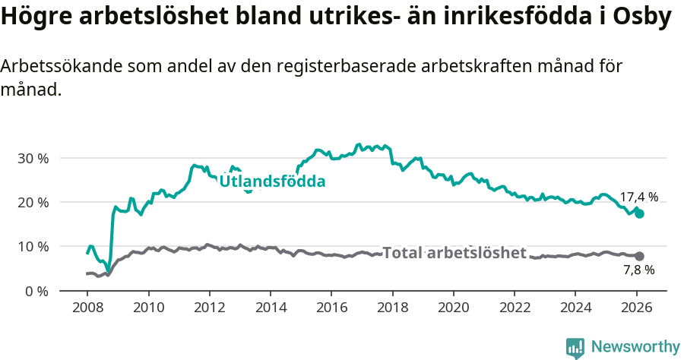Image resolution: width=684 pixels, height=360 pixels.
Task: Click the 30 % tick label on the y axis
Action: tap(33, 159)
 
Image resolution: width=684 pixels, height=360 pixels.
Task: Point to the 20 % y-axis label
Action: tap(33, 203)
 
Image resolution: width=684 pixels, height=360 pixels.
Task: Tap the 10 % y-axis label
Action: tap(33, 247)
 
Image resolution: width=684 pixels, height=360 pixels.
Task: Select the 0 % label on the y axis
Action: tap(36, 291)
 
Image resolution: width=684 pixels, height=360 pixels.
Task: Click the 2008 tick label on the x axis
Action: tap(87, 309)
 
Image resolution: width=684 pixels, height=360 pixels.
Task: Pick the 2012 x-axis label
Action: tap(209, 309)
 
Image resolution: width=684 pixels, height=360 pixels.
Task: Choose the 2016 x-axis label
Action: tap(331, 309)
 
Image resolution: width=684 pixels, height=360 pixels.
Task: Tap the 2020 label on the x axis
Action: tap(453, 309)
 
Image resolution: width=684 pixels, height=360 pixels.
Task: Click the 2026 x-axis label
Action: tap(636, 309)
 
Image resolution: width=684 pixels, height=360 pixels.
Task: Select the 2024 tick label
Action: tap(575, 309)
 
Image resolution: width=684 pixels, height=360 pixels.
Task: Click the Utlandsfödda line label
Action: tap(272, 182)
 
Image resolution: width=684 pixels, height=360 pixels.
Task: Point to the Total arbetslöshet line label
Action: tap(454, 253)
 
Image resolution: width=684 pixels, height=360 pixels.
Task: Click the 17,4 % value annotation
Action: tap(638, 197)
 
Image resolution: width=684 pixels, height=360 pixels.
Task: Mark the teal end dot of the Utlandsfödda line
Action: tap(640, 214)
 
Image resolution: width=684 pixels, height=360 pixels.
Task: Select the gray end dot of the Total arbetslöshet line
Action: tap(640, 257)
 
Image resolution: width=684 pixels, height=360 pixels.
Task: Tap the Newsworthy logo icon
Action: tap(575, 347)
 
